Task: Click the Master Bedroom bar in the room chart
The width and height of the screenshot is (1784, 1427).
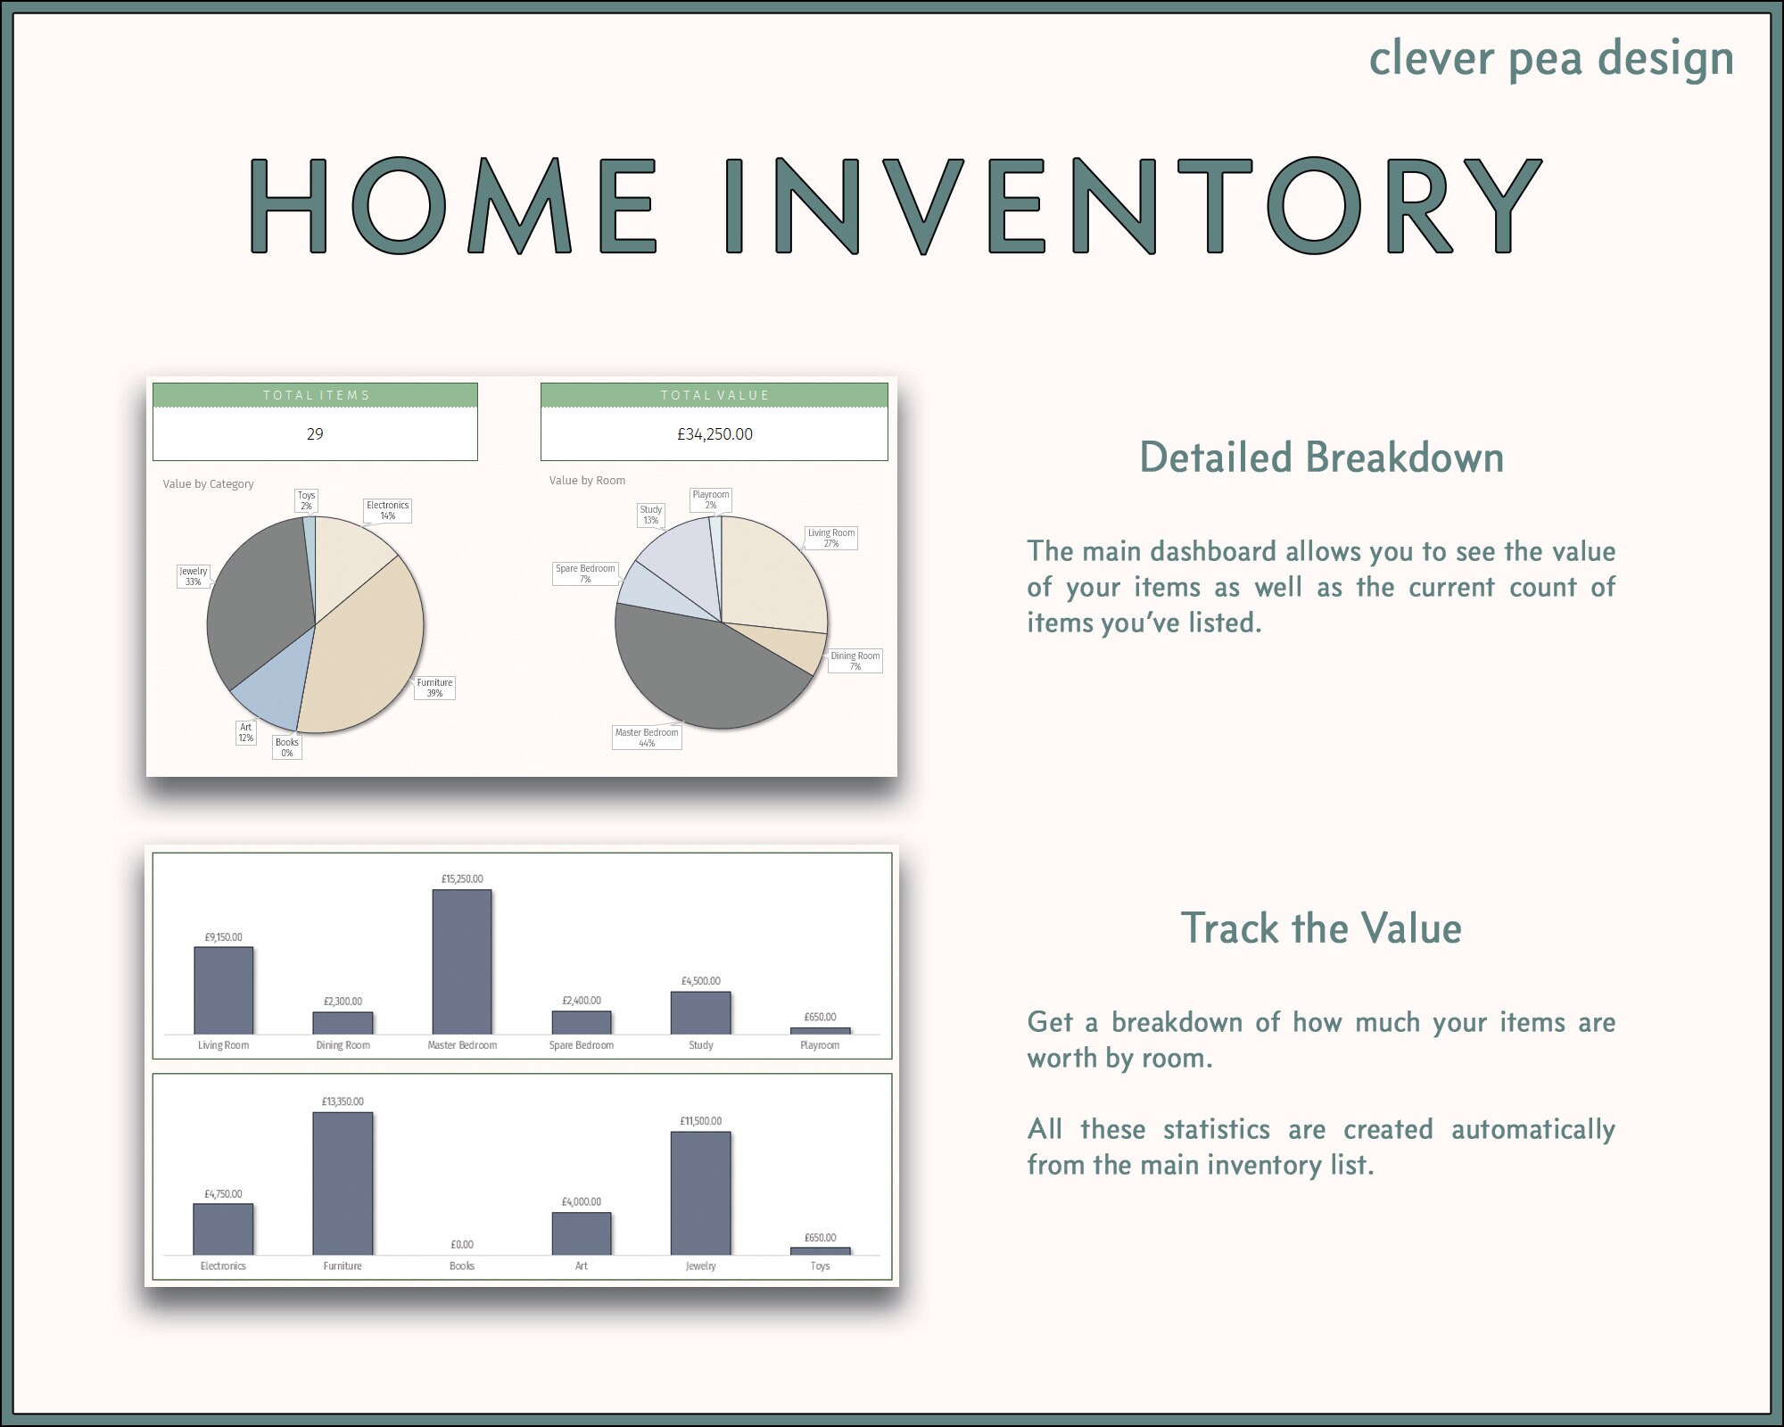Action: coord(461,961)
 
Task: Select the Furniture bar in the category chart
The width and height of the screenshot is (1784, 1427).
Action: coord(343,1184)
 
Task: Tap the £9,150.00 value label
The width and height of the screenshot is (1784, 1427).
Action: coord(223,937)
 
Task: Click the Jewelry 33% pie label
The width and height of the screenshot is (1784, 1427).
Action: coord(193,576)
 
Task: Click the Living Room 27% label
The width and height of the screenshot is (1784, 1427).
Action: coord(830,538)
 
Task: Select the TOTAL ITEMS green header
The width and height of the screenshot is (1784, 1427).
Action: coord(315,395)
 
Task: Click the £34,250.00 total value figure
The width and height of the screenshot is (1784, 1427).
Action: coord(714,434)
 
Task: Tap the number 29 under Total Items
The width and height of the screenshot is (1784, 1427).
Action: coord(315,434)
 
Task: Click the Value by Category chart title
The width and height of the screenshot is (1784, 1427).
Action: coord(208,484)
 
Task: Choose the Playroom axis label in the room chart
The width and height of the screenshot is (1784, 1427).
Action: coord(819,1045)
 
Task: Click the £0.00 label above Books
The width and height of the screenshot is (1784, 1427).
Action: coord(461,1244)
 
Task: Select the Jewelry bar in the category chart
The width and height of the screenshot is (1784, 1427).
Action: coord(700,1192)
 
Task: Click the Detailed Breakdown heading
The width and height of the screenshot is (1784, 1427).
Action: coord(1321,458)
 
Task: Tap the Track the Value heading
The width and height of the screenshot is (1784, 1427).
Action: coord(1321,928)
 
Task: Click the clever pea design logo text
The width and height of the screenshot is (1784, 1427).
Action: coord(1550,59)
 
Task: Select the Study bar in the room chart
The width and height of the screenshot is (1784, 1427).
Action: coord(700,1012)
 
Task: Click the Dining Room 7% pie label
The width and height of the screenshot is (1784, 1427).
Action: coord(855,661)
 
